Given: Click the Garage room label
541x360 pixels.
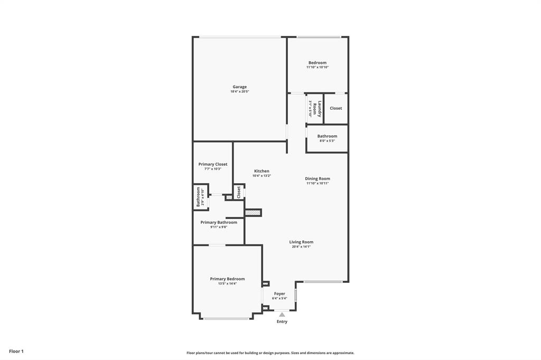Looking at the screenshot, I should [x=239, y=87].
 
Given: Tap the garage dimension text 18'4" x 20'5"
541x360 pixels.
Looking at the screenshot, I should [x=239, y=92].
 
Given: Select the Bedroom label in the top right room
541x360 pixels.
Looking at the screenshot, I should [x=318, y=63].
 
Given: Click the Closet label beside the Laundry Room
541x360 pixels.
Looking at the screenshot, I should [x=335, y=108].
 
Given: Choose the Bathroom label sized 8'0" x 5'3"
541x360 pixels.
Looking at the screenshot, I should [x=327, y=136].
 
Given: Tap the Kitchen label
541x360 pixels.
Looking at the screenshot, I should [x=262, y=171].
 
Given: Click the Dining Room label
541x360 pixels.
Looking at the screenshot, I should [x=318, y=179].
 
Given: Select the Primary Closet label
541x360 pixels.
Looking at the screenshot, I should [x=213, y=164].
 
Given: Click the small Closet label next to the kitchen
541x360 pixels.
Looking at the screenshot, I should [x=239, y=192].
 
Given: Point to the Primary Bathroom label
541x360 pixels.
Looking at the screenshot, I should [x=219, y=222].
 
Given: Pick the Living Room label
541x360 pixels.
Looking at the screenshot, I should [x=301, y=242].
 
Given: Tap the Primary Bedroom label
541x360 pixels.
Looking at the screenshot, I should [x=227, y=279].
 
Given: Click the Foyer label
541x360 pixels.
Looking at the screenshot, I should [x=279, y=293].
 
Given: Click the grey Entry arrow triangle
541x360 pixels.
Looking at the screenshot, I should [x=282, y=315].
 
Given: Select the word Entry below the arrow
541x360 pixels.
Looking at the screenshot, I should [x=282, y=321].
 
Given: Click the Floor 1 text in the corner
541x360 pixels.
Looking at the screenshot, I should [x=16, y=351].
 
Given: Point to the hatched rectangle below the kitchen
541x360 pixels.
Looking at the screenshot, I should [x=253, y=213].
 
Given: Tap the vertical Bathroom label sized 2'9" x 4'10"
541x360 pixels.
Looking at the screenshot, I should [x=199, y=196].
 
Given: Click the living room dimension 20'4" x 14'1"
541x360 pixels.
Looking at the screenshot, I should [x=301, y=247].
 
